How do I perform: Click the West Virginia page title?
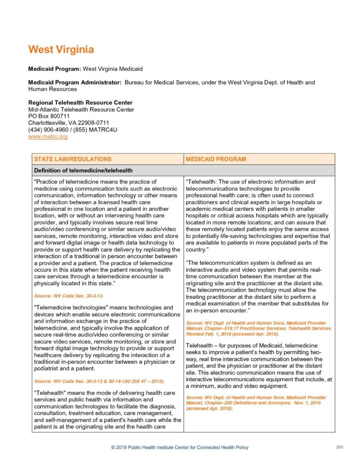coord(61,49)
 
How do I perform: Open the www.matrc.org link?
coord(48,136)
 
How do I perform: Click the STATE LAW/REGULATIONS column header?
coord(73,159)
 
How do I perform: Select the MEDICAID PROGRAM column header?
coord(216,159)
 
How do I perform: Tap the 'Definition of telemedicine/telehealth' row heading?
coord(83,171)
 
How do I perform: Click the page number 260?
coord(339,447)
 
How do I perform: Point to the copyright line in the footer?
coord(180,448)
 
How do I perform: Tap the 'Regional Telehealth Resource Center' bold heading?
coord(81,102)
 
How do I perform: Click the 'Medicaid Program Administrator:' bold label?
coord(75,82)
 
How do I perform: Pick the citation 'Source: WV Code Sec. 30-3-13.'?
coord(69,296)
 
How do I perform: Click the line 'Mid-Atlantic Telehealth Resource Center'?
coord(81,109)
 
